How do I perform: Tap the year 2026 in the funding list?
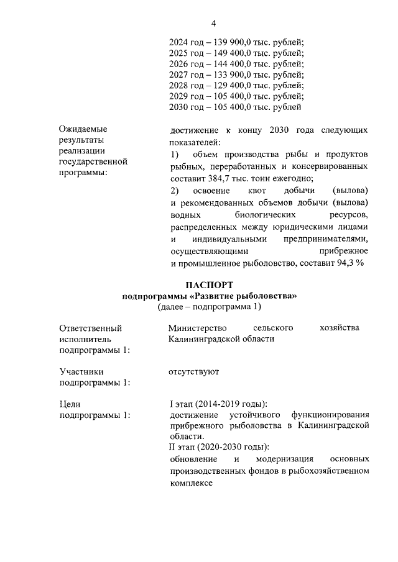tap(179, 63)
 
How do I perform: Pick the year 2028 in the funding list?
tap(179, 84)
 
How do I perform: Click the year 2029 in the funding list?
tap(179, 96)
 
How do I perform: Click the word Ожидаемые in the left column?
tap(83, 129)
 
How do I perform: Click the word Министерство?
tap(199, 327)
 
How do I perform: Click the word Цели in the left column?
tap(70, 404)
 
